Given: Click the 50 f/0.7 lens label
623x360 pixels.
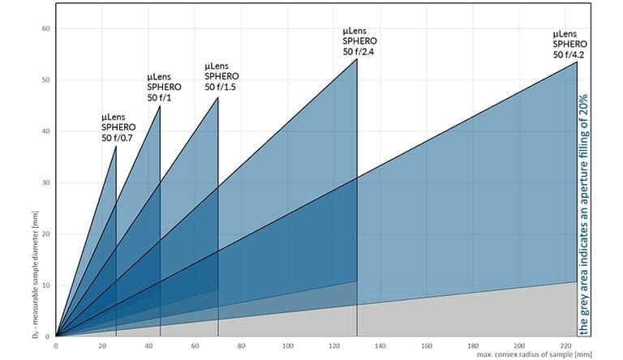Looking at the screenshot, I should [118, 128].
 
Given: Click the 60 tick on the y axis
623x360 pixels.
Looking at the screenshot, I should [46, 29].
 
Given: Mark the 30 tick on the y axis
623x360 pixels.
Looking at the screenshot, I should [46, 182].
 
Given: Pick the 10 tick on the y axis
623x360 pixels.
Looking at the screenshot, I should [46, 285].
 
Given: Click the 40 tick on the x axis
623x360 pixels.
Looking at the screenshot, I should [148, 346].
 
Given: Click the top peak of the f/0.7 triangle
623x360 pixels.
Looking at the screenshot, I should [116, 147].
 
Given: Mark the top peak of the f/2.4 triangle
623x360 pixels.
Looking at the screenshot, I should [357, 59].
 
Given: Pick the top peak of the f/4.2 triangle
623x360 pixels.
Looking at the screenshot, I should [577, 62].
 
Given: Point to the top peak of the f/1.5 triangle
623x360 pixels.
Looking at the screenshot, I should [218, 97].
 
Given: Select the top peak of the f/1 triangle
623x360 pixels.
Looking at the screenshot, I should [160, 106].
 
